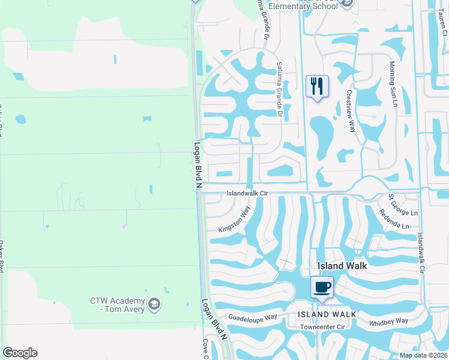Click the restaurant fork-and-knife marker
click(318, 86)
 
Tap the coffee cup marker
click(322, 287)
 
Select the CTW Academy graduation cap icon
click(155, 304)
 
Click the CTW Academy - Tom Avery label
click(118, 305)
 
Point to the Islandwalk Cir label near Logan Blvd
click(247, 194)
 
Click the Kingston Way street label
click(234, 220)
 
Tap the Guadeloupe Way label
click(252, 317)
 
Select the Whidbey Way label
click(388, 322)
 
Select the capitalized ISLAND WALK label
click(327, 314)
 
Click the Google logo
click(20, 353)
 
